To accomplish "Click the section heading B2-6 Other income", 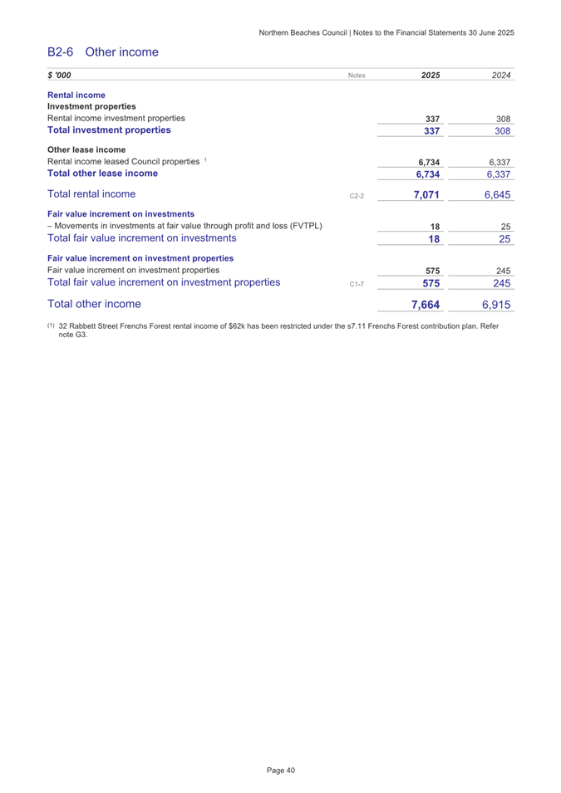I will pos(102,52).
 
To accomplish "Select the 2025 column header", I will pos(431,76).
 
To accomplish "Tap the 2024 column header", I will pos(500,76).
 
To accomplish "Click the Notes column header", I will pos(357,76).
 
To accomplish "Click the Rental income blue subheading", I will pos(76,95).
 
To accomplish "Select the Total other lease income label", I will pos(103,174).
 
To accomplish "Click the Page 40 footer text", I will pos(281,771).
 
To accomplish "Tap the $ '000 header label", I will pos(59,76).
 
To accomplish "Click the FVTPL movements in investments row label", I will pos(185,226).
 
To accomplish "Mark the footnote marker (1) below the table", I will pos(52,326).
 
